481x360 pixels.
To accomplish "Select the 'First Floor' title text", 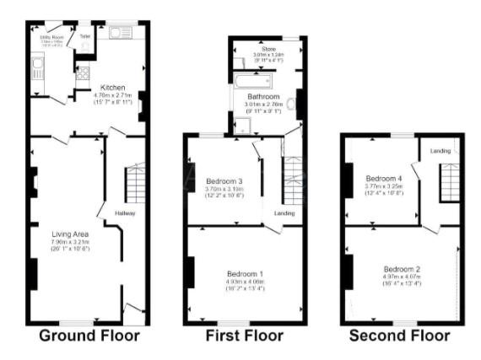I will [x=245, y=336].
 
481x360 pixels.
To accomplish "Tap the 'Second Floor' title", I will [x=402, y=336].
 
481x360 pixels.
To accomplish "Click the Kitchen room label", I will [x=114, y=87].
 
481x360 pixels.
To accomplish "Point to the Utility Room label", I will [x=52, y=38].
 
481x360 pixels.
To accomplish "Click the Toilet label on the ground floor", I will [x=84, y=37].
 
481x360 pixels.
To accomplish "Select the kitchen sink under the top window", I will [x=117, y=34].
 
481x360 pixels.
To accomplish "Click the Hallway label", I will [x=125, y=213].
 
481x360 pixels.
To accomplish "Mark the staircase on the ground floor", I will [x=135, y=181].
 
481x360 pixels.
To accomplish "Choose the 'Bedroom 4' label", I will [x=384, y=178].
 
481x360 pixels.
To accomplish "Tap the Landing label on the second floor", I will [x=440, y=151].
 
